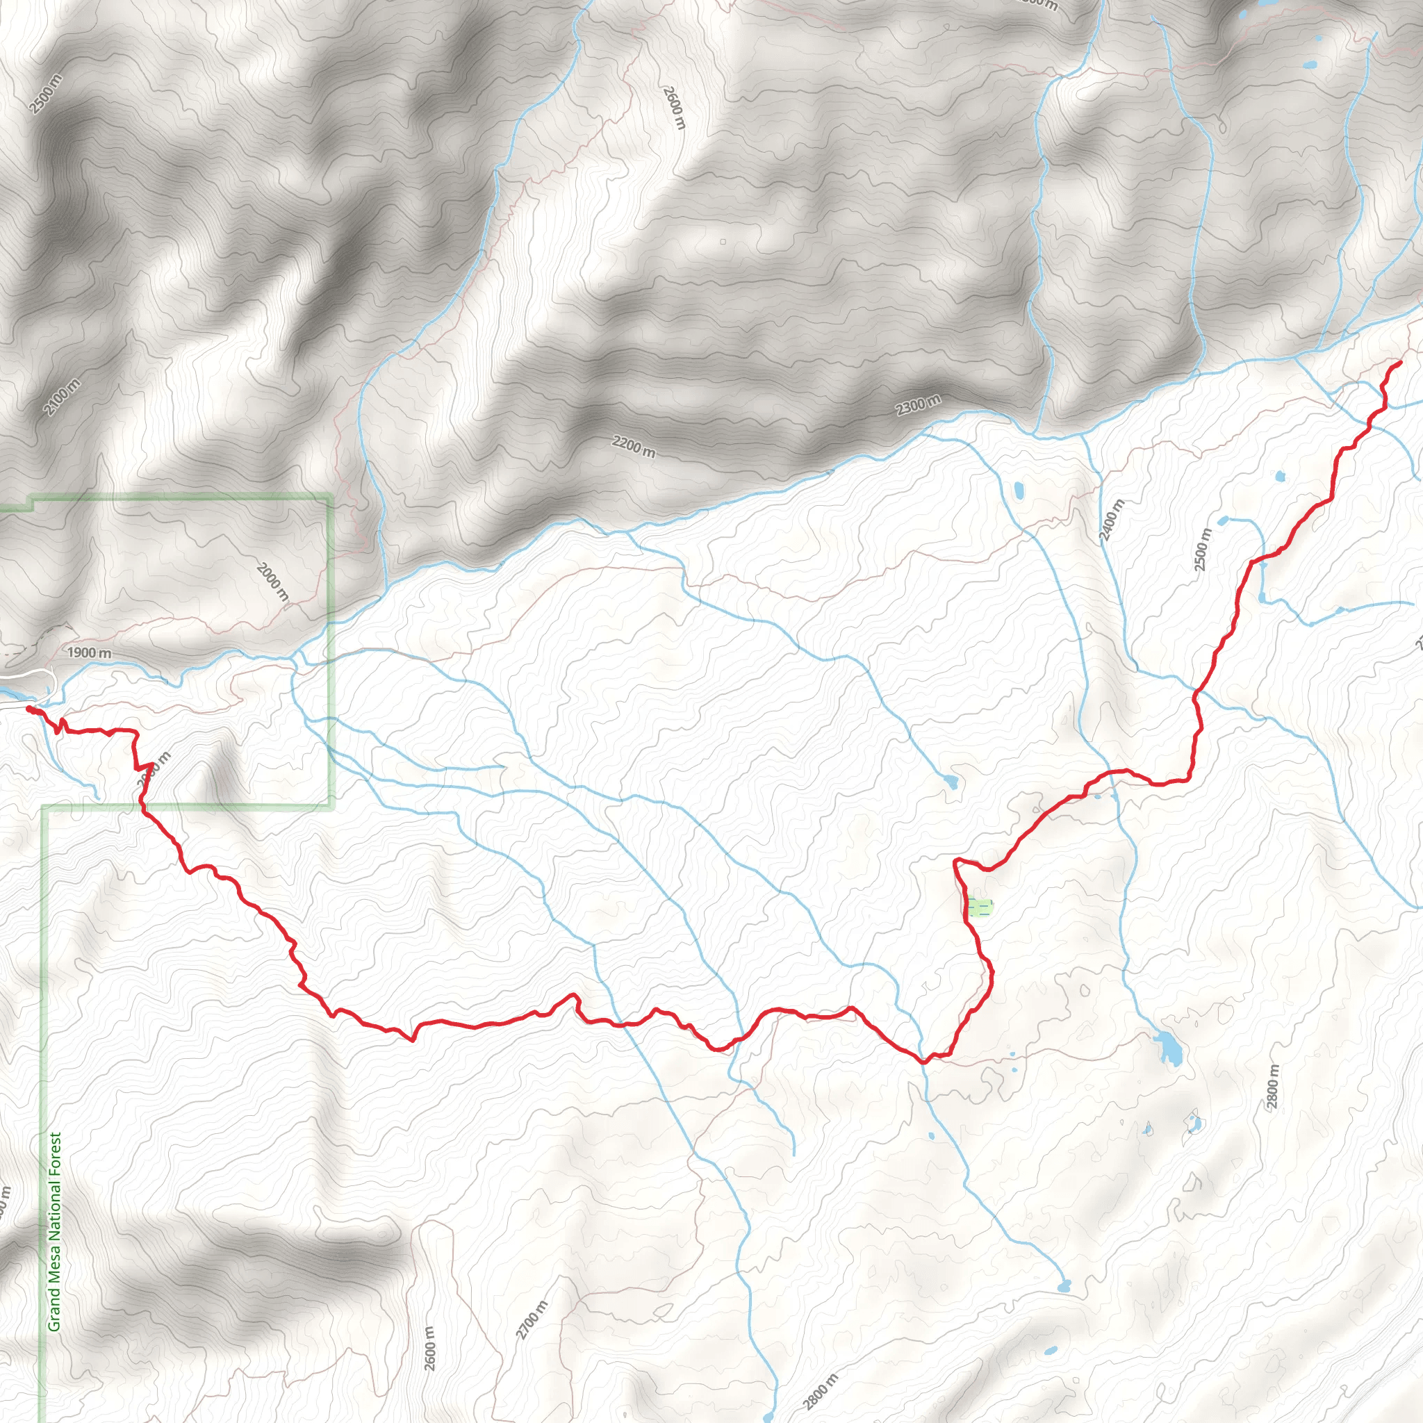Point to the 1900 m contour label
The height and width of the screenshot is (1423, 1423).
89,652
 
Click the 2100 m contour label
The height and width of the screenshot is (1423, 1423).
62,397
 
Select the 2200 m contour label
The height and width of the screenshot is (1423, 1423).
633,446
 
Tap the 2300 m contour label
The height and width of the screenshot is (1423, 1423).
918,405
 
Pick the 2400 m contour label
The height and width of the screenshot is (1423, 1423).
1112,520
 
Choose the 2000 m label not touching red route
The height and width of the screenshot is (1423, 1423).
272,581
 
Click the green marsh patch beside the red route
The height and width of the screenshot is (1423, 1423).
979,907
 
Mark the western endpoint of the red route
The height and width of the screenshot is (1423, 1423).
28,708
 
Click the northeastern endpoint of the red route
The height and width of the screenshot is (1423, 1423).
1399,363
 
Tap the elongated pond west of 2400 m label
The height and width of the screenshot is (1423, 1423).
1019,490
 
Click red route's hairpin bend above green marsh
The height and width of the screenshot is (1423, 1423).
956,861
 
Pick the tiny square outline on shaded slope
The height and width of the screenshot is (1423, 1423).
723,242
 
